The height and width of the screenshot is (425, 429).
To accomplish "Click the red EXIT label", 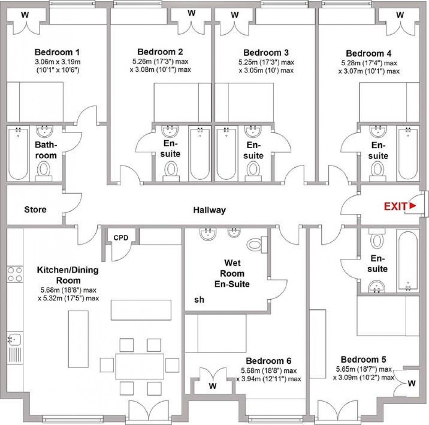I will click(395, 206).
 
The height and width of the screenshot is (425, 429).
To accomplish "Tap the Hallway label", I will click(210, 210).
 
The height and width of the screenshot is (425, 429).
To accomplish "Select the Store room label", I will click(35, 210).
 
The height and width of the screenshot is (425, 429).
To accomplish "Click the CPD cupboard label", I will click(121, 238).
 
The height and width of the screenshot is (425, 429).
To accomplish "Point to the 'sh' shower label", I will click(199, 300).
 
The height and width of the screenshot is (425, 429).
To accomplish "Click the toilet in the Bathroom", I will click(44, 170).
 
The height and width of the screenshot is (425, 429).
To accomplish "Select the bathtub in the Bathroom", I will click(18, 153).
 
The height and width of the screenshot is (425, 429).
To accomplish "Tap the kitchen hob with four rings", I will click(14, 274).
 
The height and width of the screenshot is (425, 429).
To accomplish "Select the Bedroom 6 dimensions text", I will click(269, 375).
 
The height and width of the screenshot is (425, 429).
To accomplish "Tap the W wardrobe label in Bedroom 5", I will click(411, 384).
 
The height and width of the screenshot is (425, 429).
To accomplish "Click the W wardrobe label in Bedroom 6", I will click(212, 386).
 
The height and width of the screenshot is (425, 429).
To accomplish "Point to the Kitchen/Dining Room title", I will click(68, 275).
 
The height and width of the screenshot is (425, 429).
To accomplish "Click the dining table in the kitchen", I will click(140, 366).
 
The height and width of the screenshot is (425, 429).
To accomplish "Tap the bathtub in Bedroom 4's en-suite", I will click(408, 153).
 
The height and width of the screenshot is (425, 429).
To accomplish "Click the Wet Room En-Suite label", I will click(232, 274).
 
